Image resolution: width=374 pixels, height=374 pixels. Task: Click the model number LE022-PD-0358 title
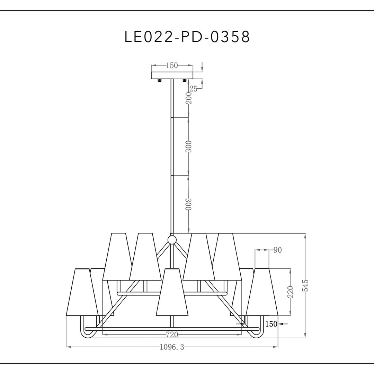pos(187,37)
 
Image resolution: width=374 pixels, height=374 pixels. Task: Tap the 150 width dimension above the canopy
pos(172,65)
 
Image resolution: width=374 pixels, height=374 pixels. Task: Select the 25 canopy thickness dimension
pos(194,89)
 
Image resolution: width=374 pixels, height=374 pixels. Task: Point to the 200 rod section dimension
pos(189,98)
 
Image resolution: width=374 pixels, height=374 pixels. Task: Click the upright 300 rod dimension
pos(189,147)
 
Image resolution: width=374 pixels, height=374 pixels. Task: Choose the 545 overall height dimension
pos(305,285)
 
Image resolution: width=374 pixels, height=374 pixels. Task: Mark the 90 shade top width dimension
pos(278,250)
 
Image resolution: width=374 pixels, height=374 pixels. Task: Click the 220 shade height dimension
pos(291,292)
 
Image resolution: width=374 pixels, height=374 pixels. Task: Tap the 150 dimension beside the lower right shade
pos(271,324)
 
